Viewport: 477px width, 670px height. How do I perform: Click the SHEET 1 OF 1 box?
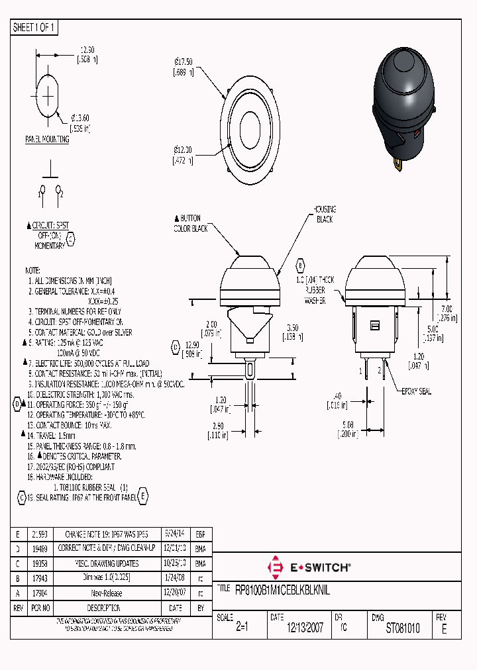[34, 28]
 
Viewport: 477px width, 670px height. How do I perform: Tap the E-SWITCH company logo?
[308, 567]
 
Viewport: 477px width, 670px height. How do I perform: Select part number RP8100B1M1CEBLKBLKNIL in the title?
[283, 589]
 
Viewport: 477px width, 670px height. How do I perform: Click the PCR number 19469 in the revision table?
[39, 549]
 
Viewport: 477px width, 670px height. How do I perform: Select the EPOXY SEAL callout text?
[416, 391]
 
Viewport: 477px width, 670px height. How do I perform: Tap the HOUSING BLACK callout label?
[324, 214]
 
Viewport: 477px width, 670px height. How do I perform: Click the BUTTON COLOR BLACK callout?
[190, 223]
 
